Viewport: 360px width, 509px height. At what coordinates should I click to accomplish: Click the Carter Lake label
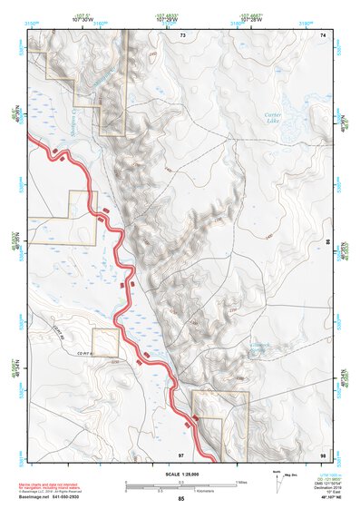[272, 117]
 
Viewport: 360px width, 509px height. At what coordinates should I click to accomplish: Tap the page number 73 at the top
[182, 34]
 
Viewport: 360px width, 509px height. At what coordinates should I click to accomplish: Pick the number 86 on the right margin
[328, 242]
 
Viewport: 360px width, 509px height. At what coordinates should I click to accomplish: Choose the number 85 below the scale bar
[180, 499]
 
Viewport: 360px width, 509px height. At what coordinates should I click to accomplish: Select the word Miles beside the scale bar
[240, 482]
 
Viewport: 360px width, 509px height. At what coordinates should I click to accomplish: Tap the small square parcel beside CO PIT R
[105, 343]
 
